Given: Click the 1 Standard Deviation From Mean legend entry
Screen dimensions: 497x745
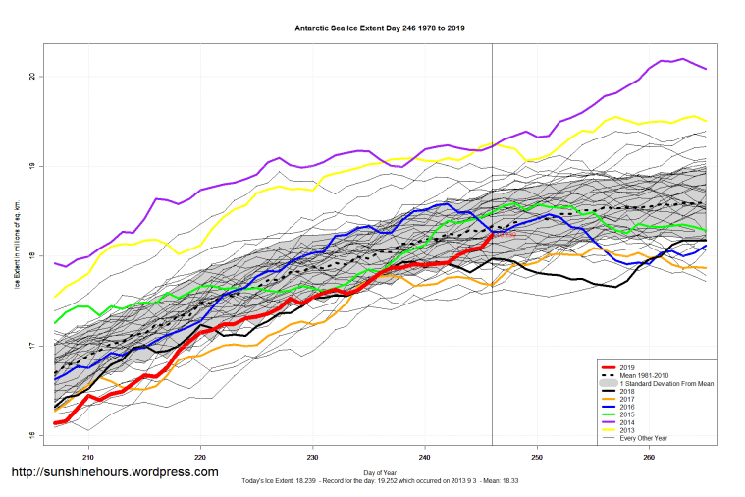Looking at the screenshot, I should click(664, 382).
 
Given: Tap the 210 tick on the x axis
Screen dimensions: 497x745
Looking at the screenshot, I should click(88, 456).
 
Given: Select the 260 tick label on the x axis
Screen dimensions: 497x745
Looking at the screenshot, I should click(648, 456).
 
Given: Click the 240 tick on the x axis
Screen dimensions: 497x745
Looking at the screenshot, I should click(424, 456).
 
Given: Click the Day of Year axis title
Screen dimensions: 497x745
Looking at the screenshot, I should click(379, 473).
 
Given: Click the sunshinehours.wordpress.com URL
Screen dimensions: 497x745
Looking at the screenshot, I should click(114, 472).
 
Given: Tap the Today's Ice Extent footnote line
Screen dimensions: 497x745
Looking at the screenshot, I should click(379, 483).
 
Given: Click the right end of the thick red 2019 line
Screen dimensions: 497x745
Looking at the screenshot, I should click(491, 235).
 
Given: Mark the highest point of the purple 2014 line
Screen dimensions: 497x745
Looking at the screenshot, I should click(683, 59).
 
